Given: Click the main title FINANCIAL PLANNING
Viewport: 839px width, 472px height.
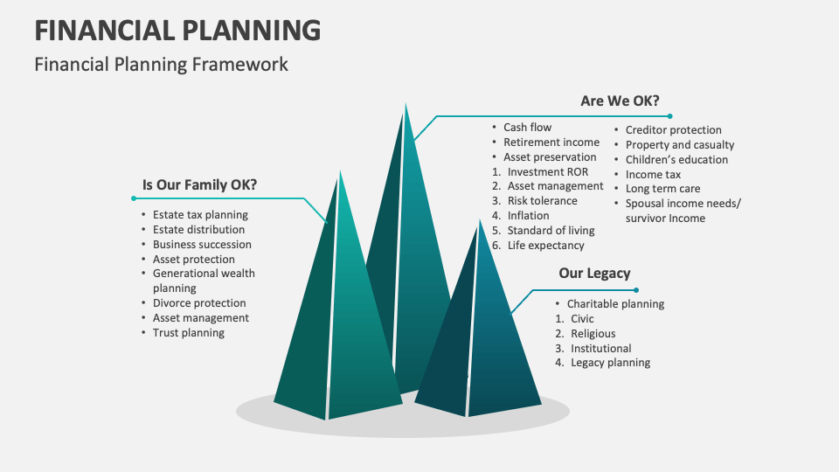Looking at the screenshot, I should [x=177, y=30].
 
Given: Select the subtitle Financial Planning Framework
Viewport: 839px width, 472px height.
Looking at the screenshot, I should [x=161, y=64].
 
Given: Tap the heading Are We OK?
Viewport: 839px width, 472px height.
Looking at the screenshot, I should [x=620, y=101].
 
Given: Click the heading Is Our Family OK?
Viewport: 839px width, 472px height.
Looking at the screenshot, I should [x=199, y=184].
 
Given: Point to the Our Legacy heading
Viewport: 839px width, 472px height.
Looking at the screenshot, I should [x=594, y=273].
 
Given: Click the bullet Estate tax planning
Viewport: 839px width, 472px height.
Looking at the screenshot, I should [x=200, y=214].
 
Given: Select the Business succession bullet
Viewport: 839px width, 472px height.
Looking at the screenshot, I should [x=202, y=244].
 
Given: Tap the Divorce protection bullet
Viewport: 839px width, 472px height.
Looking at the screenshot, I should [x=200, y=303].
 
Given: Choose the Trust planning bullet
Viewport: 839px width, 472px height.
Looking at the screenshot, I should [x=189, y=333].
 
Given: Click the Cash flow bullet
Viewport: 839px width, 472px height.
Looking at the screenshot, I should [x=527, y=128].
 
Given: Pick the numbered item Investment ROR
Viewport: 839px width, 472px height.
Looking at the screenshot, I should [x=548, y=171].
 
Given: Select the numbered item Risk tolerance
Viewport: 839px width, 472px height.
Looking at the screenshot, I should [x=542, y=201].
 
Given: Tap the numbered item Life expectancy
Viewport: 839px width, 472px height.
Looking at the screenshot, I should [x=545, y=246].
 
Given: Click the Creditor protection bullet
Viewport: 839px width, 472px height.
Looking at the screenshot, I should [x=673, y=130].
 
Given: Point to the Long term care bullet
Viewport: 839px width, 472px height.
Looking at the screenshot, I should [x=662, y=189].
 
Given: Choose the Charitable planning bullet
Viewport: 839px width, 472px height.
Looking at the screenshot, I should [x=615, y=304].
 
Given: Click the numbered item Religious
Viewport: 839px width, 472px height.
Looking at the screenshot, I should [x=593, y=334].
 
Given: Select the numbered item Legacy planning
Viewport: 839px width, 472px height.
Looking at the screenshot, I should [x=610, y=363].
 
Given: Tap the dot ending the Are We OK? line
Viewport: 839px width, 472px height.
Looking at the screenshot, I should [x=669, y=115].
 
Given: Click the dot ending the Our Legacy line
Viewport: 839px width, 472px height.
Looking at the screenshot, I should [x=636, y=289].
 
